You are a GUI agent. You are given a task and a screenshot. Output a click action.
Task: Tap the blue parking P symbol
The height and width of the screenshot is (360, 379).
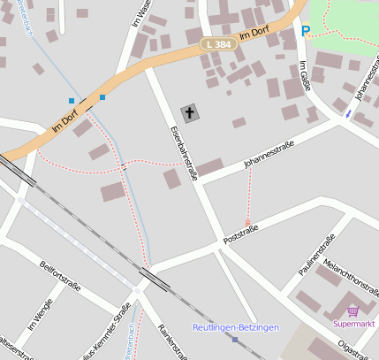pyautogui.click(x=306, y=31)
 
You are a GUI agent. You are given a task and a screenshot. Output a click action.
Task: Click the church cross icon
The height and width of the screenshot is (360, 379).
pyautogui.click(x=190, y=112)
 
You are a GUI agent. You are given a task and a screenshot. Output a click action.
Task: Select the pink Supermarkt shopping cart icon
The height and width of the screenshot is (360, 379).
pyautogui.click(x=353, y=310)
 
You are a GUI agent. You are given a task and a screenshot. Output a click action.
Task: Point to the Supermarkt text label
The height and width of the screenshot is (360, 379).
pyautogui.click(x=354, y=324)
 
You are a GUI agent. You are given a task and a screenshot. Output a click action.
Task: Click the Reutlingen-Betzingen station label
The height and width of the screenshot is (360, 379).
pyautogui.click(x=235, y=327)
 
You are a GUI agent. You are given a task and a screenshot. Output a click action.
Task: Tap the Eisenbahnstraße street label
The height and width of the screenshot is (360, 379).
pyautogui.click(x=184, y=153)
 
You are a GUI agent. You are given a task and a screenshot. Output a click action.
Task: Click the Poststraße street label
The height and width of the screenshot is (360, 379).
pyautogui.click(x=241, y=234)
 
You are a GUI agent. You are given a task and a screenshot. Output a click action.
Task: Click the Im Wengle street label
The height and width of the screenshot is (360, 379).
pyautogui.click(x=41, y=314)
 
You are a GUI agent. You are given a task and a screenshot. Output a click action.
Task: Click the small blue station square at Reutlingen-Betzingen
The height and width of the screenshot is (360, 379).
pyautogui.click(x=235, y=339)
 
